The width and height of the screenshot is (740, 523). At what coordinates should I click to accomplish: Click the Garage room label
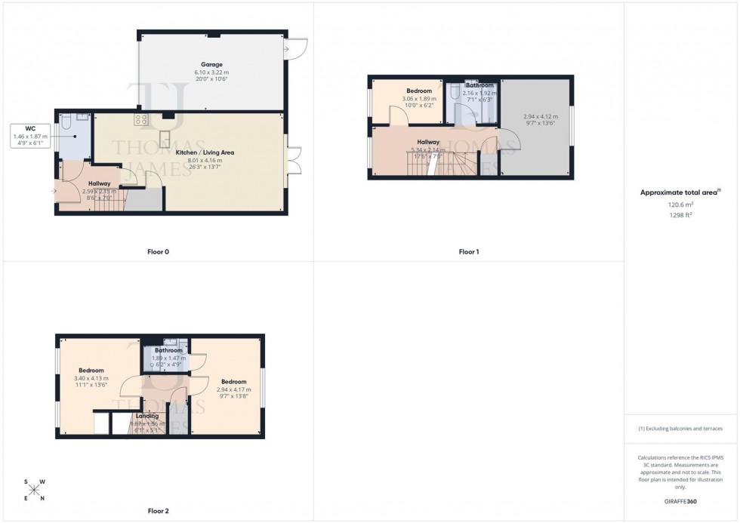click(211, 64)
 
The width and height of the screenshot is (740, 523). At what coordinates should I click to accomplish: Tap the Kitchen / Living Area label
click(205, 152)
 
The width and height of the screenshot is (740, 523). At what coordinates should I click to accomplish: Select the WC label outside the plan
click(29, 128)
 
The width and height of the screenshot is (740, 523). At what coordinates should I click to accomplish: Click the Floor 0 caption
click(158, 251)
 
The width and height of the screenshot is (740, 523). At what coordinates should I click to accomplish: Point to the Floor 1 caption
click(469, 251)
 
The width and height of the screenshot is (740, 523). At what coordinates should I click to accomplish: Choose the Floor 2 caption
click(158, 511)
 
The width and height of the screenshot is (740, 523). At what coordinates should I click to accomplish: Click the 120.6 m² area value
click(680, 204)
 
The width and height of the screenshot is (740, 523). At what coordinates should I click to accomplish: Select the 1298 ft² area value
click(680, 214)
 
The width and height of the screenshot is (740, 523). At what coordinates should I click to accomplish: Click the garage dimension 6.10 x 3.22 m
click(211, 72)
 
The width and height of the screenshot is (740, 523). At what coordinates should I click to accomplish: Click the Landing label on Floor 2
click(147, 416)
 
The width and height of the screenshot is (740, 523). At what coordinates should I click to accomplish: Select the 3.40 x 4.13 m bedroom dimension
click(91, 378)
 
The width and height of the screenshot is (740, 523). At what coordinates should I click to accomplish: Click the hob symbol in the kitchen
click(140, 119)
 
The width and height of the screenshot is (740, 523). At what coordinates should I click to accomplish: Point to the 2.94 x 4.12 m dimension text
click(541, 117)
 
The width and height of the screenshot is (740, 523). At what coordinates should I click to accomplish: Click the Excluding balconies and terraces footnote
click(680, 429)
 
